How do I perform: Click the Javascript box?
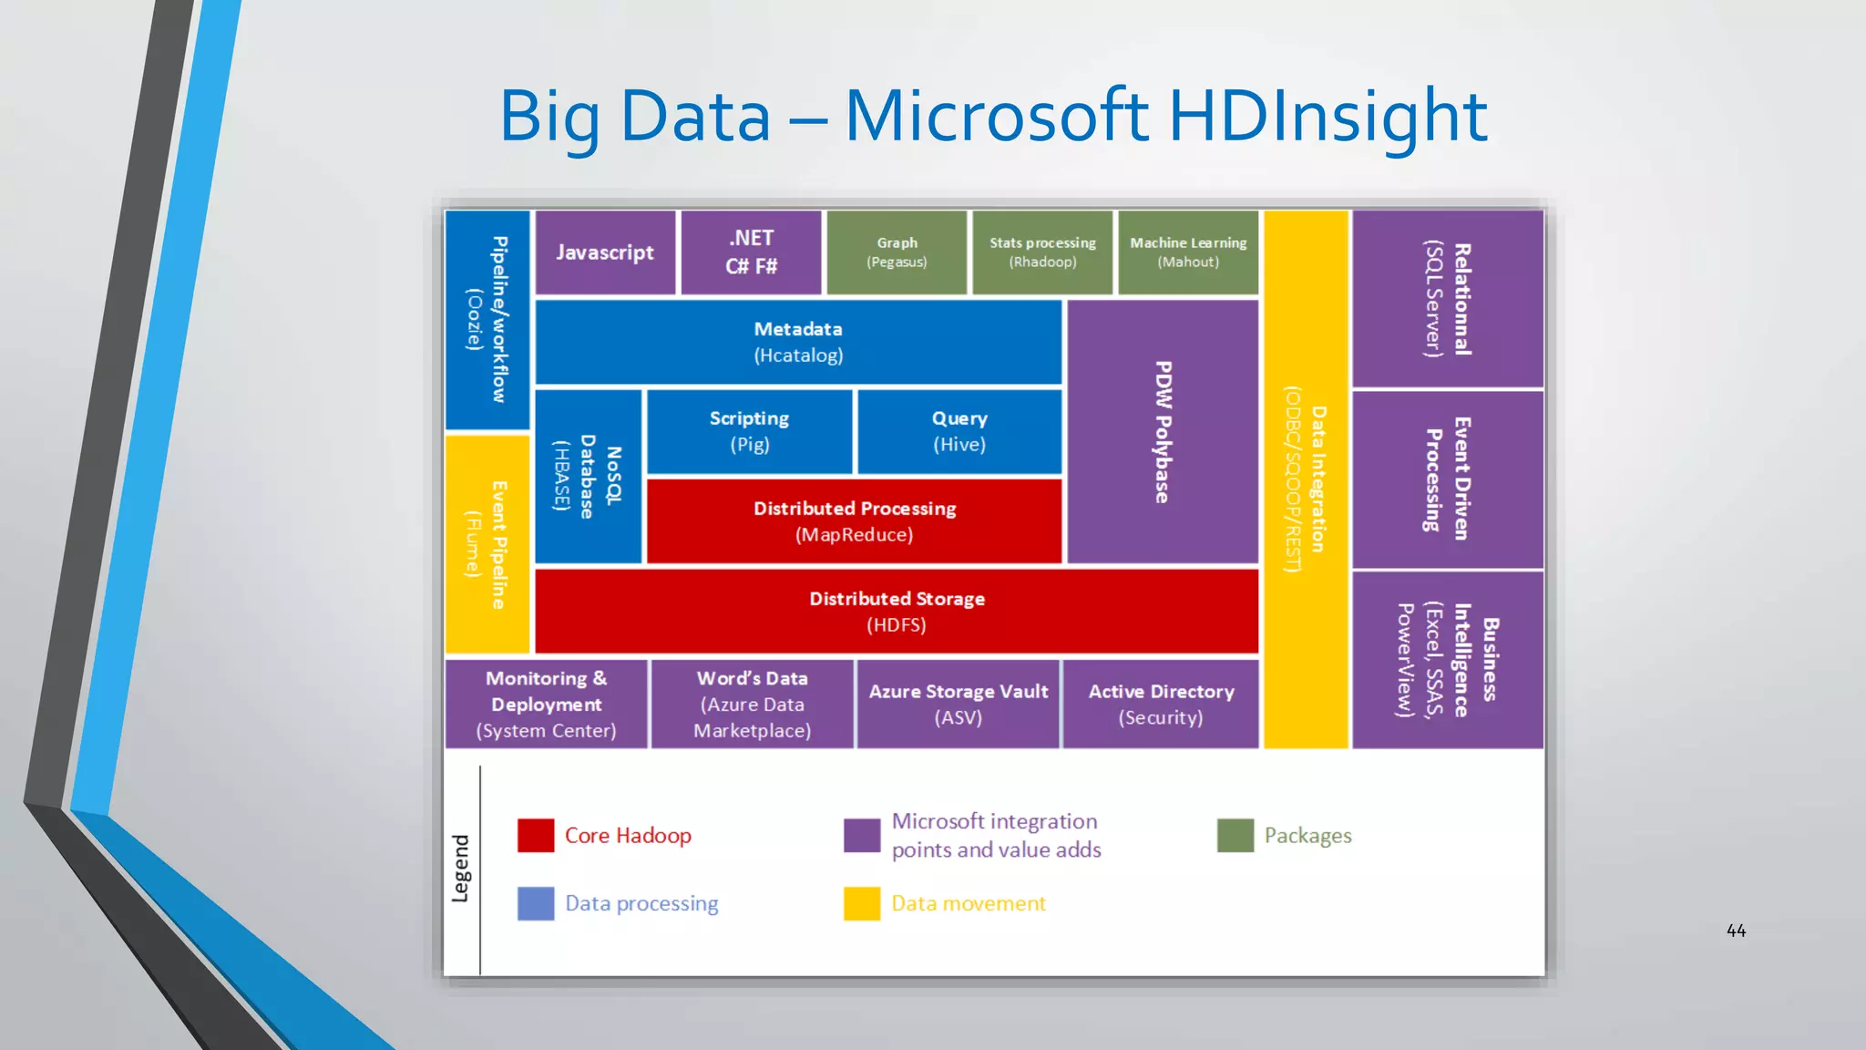click(x=605, y=252)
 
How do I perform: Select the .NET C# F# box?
click(x=751, y=252)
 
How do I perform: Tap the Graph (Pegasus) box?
click(x=897, y=252)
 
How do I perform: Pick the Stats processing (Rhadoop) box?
click(x=1042, y=252)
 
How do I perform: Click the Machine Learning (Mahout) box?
click(x=1188, y=252)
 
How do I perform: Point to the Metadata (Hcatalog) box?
click(x=798, y=342)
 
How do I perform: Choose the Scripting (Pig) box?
click(x=749, y=431)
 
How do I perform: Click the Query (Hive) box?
click(x=959, y=431)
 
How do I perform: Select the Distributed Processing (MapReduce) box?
click(x=854, y=521)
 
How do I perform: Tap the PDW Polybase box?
click(x=1163, y=432)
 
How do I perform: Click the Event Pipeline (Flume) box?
click(x=487, y=544)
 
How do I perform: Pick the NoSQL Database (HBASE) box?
click(x=588, y=477)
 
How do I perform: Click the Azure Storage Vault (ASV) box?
click(x=958, y=704)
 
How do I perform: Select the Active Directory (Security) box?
click(x=1161, y=704)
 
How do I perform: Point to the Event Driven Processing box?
click(x=1447, y=479)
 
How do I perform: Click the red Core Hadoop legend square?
click(x=536, y=835)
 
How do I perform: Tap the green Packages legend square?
click(x=1235, y=835)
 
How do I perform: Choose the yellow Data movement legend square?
click(x=862, y=903)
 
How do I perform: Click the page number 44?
click(x=1736, y=931)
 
